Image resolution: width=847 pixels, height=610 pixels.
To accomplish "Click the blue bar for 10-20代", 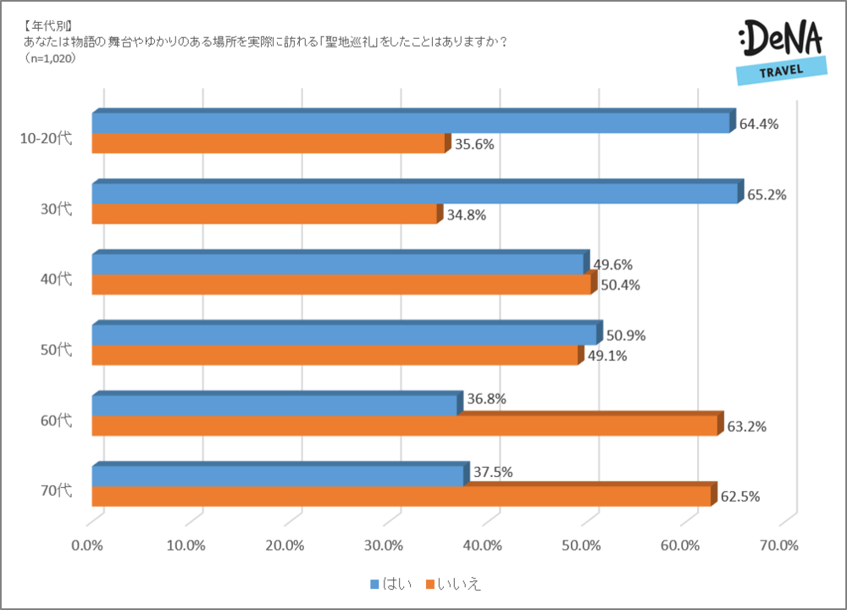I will coord(411,124).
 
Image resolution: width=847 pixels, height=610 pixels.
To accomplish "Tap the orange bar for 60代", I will coord(405,426).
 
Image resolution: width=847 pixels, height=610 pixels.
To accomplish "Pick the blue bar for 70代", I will coord(278,476).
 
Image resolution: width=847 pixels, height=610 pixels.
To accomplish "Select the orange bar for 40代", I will coord(341,285).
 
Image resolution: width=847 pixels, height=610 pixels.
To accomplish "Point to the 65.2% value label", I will coord(767,194).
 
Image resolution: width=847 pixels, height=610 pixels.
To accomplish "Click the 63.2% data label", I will coord(746,426).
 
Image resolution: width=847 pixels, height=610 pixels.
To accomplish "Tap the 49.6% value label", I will coord(612,265).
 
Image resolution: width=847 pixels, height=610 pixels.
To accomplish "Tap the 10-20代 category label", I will coord(46,138).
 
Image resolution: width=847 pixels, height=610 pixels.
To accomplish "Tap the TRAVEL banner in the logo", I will coord(781,70).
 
